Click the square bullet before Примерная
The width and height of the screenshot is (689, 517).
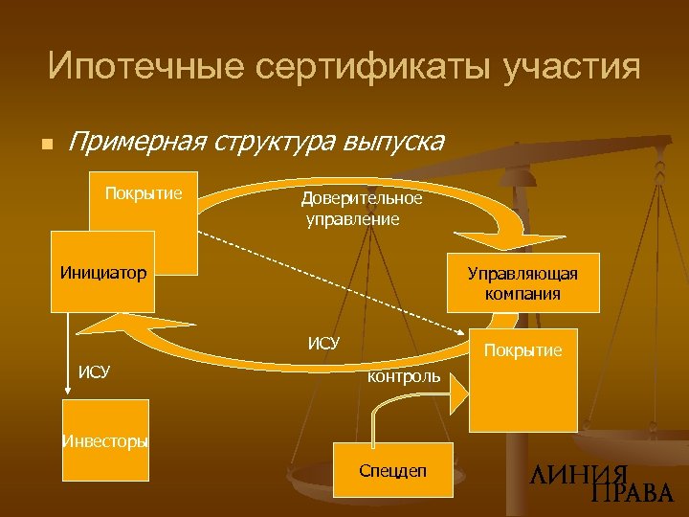pos(43,145)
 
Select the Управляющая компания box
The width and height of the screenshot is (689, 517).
pos(522,283)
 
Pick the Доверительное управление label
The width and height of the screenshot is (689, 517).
pos(361,209)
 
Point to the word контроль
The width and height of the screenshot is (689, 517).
pos(404,377)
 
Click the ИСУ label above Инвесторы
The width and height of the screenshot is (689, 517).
pos(94,371)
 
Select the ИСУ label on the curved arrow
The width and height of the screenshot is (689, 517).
pos(323,342)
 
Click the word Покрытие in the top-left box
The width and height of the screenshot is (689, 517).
pos(144,193)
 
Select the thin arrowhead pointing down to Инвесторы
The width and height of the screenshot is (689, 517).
pos(69,392)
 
